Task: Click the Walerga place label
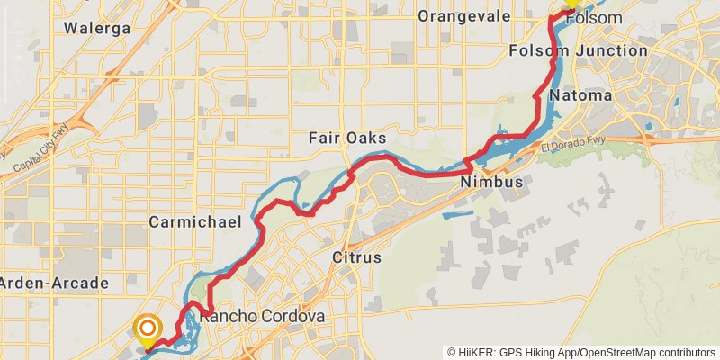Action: [x=98, y=28]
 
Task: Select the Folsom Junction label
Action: [x=590, y=50]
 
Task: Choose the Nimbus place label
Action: [x=491, y=183]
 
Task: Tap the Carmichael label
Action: [x=191, y=221]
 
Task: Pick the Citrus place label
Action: [x=357, y=258]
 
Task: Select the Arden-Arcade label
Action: [x=54, y=283]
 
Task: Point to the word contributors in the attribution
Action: [x=687, y=352]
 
